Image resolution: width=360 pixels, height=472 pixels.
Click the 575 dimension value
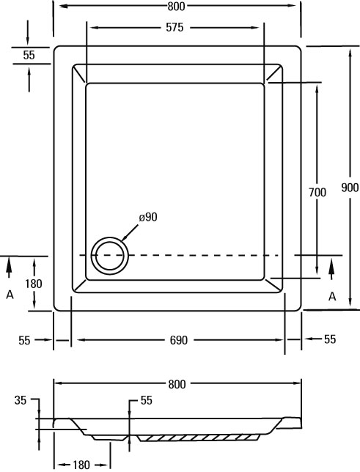click(x=175, y=28)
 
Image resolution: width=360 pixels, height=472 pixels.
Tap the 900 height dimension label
click(x=350, y=188)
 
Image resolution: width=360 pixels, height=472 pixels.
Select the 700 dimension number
click(x=317, y=192)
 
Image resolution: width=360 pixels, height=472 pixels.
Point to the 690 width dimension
click(x=179, y=340)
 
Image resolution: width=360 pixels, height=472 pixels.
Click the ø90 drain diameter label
click(x=148, y=217)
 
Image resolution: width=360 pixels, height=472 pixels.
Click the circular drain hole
click(x=110, y=256)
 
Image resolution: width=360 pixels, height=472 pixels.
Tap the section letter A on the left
click(x=10, y=295)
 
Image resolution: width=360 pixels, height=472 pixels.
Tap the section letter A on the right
click(x=332, y=297)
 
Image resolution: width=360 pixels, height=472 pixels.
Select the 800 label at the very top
click(x=176, y=7)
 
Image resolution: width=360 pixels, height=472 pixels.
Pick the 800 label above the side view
click(x=177, y=384)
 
